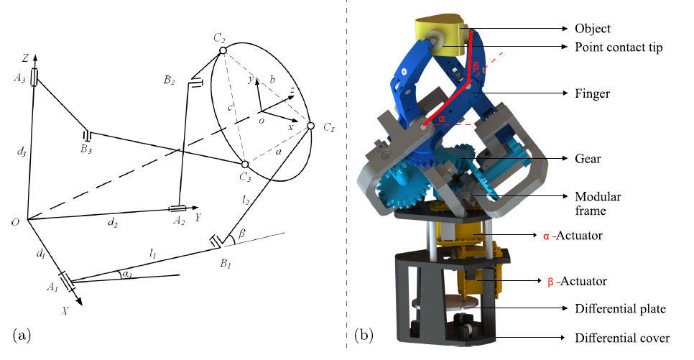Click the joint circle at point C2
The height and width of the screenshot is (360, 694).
pos(223,50)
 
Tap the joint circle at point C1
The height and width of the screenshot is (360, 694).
pos(310,126)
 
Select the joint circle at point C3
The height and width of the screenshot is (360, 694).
pos(245,165)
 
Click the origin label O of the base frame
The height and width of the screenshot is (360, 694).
pos(16,221)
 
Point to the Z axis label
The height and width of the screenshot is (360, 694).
pos(26,58)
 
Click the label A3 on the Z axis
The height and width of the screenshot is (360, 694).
pos(19,78)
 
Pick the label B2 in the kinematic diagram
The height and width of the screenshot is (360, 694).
pos(169,80)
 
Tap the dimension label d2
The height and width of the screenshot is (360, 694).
pos(112,223)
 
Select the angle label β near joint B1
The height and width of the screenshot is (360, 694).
pos(241,234)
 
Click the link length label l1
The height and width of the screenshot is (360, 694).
pos(153,253)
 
